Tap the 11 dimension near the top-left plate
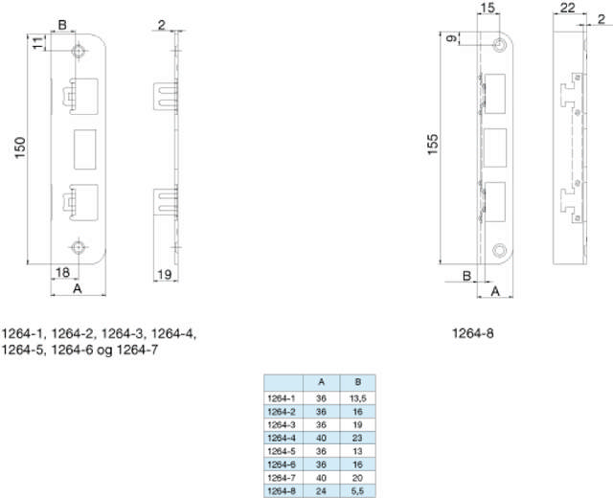point(38,43)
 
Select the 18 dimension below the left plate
point(62,274)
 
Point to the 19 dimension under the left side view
point(164,275)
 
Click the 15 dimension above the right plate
point(488,9)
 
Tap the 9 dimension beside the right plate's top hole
point(450,38)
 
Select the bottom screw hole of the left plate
point(78,244)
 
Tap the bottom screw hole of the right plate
point(499,250)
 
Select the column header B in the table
point(357,381)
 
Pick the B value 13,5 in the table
point(357,396)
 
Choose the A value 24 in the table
point(320,490)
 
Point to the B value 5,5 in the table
point(357,490)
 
